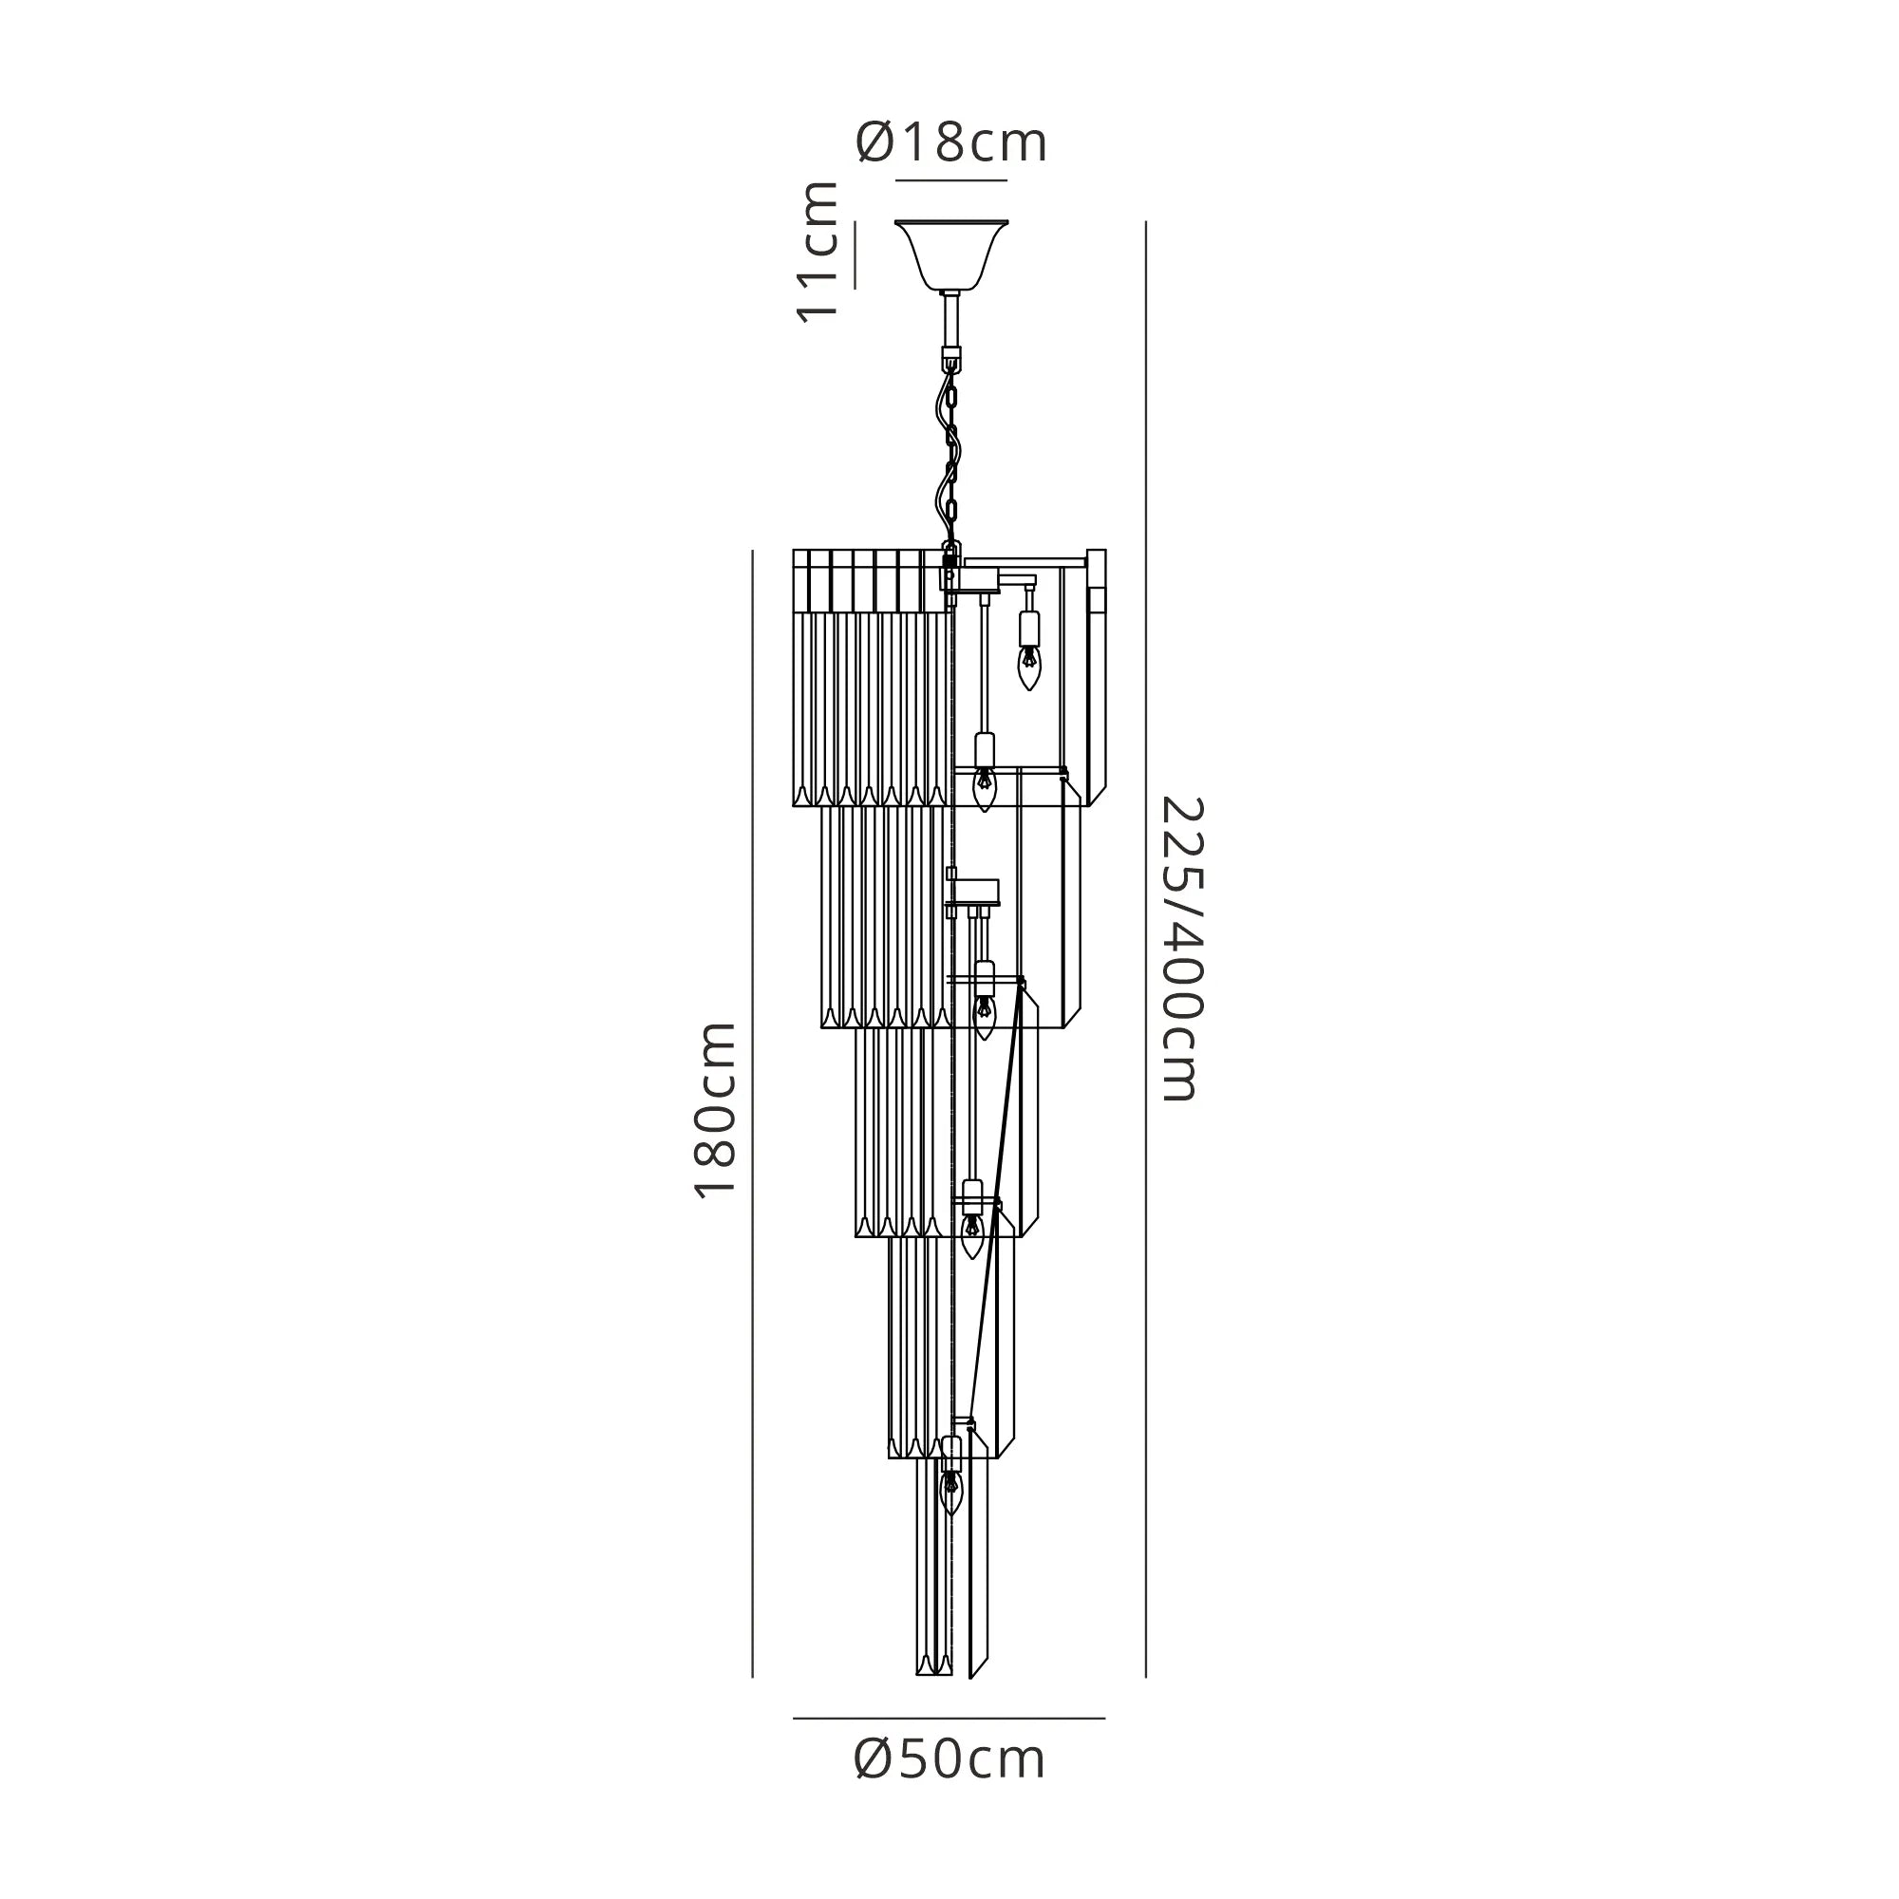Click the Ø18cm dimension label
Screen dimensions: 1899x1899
pyautogui.click(x=950, y=143)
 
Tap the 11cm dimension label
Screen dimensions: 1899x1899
pyautogui.click(x=818, y=252)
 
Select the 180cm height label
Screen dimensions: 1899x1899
pyautogui.click(x=715, y=1110)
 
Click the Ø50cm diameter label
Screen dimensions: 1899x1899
pyautogui.click(x=949, y=1759)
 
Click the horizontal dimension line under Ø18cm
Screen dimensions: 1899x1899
pyautogui.click(x=950, y=180)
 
